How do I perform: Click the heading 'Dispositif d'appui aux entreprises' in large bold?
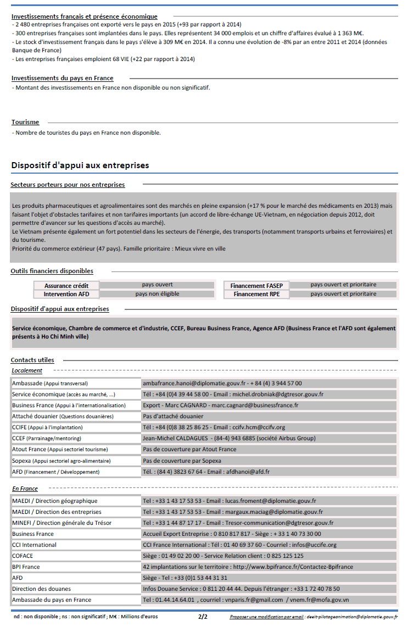coord(80,165)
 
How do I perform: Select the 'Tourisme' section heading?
coord(25,122)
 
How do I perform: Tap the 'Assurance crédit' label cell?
coord(66,286)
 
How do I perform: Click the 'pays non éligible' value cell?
coord(157,294)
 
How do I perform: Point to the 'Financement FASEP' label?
coord(256,286)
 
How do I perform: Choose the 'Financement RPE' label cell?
coord(256,294)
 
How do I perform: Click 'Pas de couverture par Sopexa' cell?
coord(182,461)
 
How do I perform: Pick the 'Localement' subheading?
coord(27,371)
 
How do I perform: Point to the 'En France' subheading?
coord(25,489)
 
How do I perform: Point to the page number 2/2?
coord(203,617)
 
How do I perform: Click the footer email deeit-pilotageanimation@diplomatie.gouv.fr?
coord(351,617)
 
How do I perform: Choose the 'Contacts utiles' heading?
coord(32,360)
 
